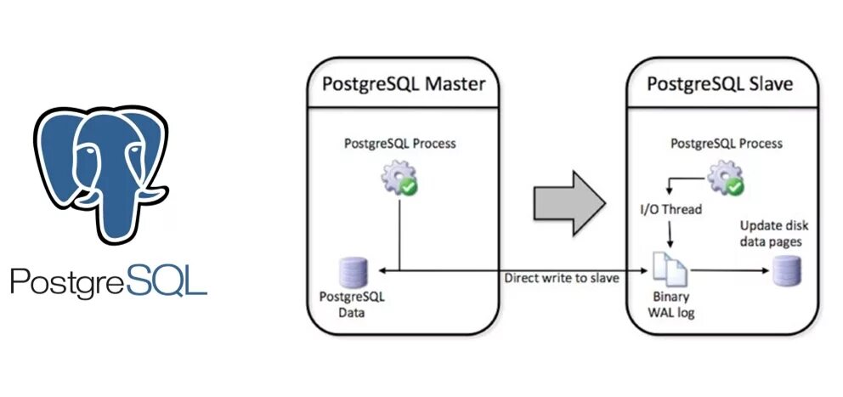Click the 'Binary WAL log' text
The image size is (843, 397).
coord(670,305)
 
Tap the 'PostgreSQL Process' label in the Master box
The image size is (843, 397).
coord(399,144)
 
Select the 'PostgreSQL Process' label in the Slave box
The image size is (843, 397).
coord(727,144)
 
